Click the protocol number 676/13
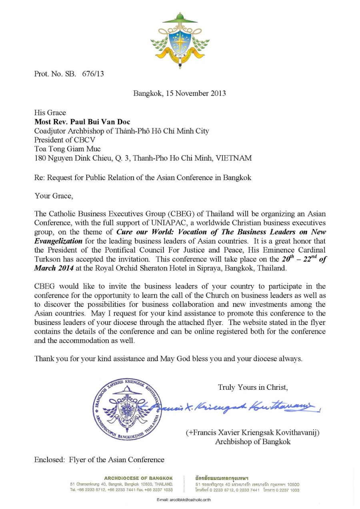coord(93,74)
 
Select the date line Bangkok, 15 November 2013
coord(180,94)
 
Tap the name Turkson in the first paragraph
coord(47,259)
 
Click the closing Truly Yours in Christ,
coord(253,387)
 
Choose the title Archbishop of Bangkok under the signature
coord(253,442)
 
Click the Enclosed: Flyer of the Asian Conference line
coord(99,460)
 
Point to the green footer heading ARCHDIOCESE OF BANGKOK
coord(138,478)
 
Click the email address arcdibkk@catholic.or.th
coord(184,500)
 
